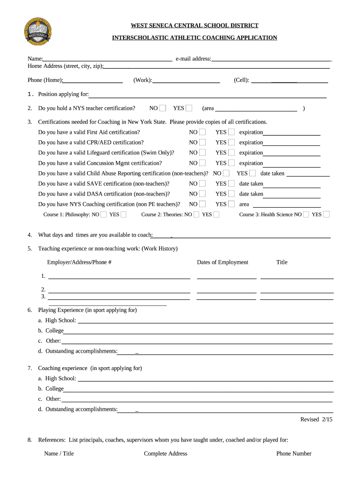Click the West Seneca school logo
pos(37,31)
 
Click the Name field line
pos(107,59)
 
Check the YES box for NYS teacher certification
pos(189,109)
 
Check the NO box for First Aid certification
pos(202,132)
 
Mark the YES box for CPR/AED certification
pos(231,143)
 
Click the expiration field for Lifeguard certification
pos(292,153)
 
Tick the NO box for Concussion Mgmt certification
pos(202,163)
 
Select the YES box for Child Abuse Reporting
pos(252,174)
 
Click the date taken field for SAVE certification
pos(292,184)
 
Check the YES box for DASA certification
pos(231,194)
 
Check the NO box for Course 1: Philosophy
pos(104,215)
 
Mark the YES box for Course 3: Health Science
pos(326,215)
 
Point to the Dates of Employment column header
pos(223,262)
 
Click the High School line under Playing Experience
pos(205,321)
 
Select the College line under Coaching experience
pos(198,389)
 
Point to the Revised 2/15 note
pos(316,420)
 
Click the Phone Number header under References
pos(294,454)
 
